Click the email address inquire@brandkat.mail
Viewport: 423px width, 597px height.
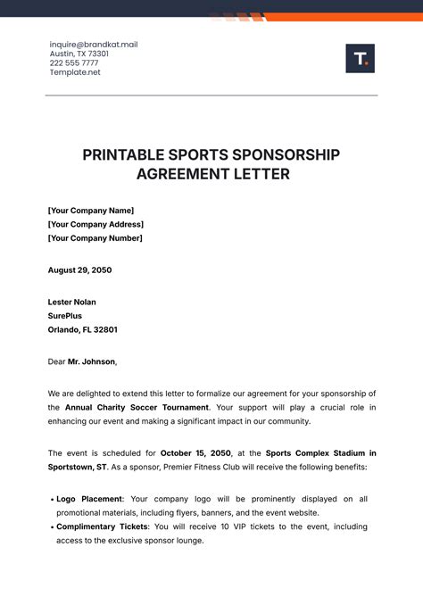click(x=94, y=45)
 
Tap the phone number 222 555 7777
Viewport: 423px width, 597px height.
click(x=74, y=63)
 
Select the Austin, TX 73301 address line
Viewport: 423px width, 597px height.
click(x=79, y=54)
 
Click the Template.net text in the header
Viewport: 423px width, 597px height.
click(x=75, y=72)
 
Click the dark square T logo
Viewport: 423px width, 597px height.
click(x=360, y=59)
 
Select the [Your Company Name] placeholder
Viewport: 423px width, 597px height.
click(x=90, y=210)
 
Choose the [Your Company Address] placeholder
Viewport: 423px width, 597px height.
click(x=95, y=224)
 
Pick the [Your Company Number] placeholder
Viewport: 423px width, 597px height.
click(x=95, y=238)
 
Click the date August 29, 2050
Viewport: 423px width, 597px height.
click(x=80, y=269)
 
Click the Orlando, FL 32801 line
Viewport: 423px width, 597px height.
click(x=83, y=329)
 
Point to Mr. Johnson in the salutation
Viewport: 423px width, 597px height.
click(x=92, y=361)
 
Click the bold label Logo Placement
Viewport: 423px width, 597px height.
click(x=90, y=499)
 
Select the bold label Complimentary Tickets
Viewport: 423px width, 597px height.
click(x=101, y=527)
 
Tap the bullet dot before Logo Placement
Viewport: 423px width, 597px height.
click(x=51, y=499)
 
